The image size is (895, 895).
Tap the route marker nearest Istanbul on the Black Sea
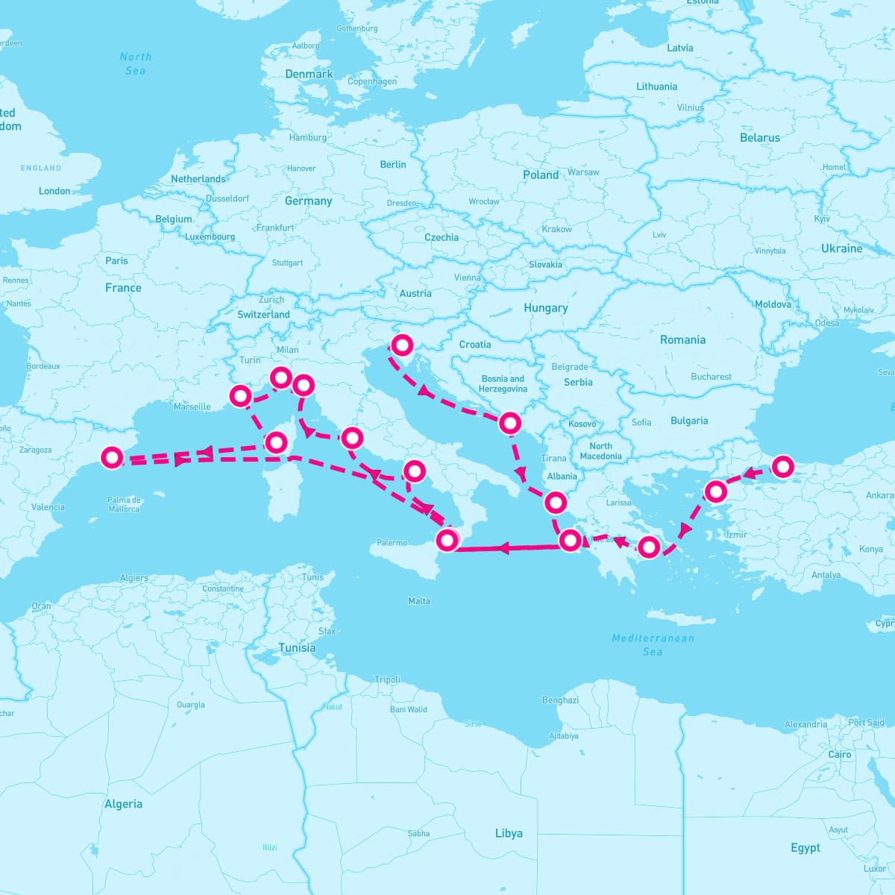(782, 467)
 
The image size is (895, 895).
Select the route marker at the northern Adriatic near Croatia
(402, 345)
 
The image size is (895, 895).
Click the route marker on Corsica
(276, 442)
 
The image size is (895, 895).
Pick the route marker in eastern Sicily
(447, 539)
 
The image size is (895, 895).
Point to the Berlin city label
(393, 164)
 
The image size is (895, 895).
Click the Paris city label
(116, 260)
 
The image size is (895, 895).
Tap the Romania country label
(682, 339)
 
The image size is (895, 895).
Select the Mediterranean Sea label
(653, 644)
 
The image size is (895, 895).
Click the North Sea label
(136, 63)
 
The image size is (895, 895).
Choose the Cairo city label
(840, 754)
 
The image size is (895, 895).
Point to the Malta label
(419, 600)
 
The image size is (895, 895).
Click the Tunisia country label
(297, 647)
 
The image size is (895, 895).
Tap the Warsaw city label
(583, 172)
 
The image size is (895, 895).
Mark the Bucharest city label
(711, 377)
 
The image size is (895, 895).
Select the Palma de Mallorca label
(124, 504)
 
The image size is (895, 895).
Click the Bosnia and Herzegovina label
(503, 383)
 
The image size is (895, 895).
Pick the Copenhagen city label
(372, 81)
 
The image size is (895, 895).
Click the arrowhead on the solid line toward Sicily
(503, 549)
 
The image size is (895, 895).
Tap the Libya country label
(509, 833)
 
